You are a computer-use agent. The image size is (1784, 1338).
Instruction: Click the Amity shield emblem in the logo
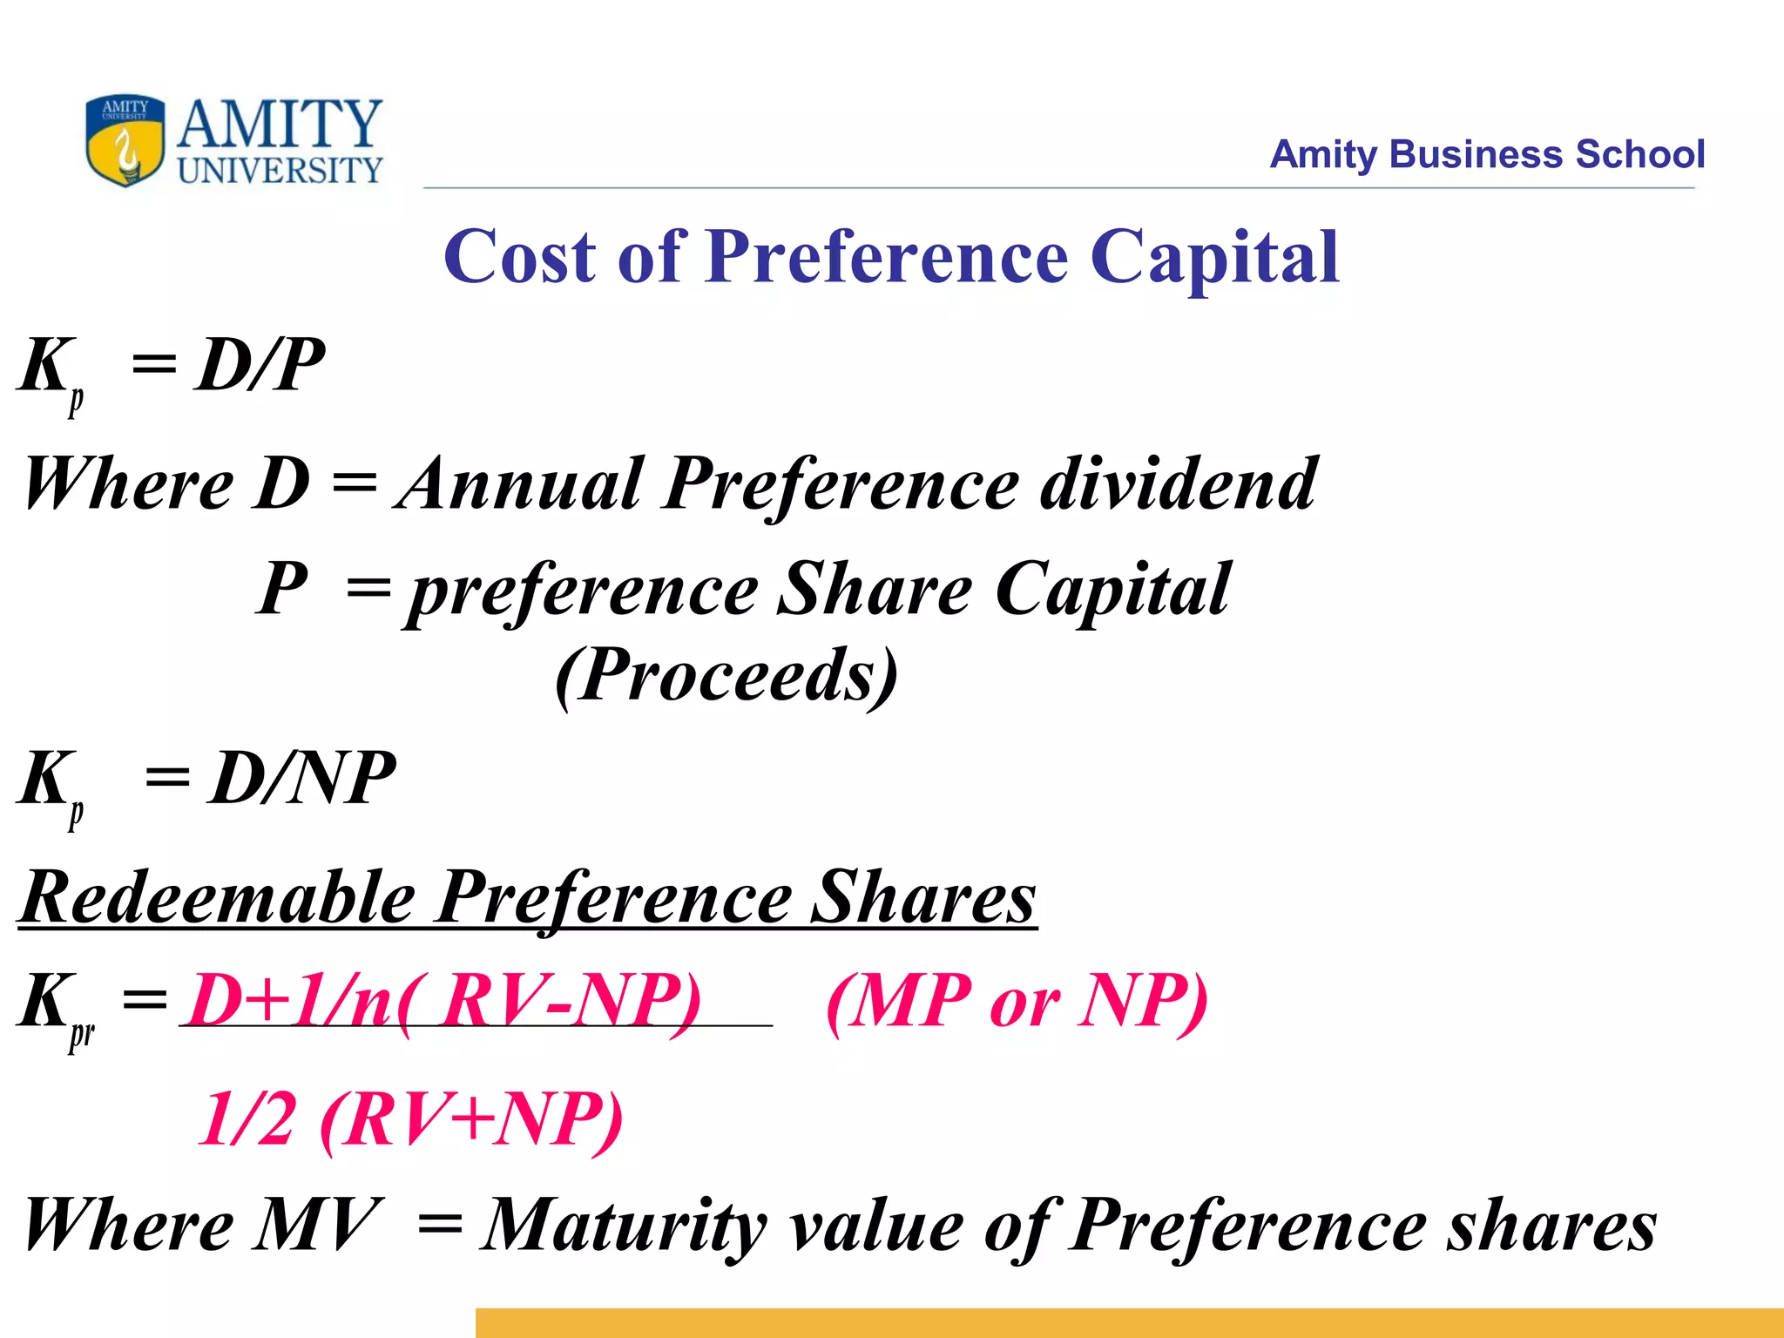[x=125, y=140]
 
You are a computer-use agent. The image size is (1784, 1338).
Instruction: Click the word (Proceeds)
[x=726, y=674]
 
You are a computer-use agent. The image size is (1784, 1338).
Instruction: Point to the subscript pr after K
[x=82, y=1035]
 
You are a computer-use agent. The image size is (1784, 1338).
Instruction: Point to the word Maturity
[x=625, y=1225]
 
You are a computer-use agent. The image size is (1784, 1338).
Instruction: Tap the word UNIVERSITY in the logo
[x=280, y=170]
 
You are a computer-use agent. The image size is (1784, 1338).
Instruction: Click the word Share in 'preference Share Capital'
[x=874, y=590]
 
